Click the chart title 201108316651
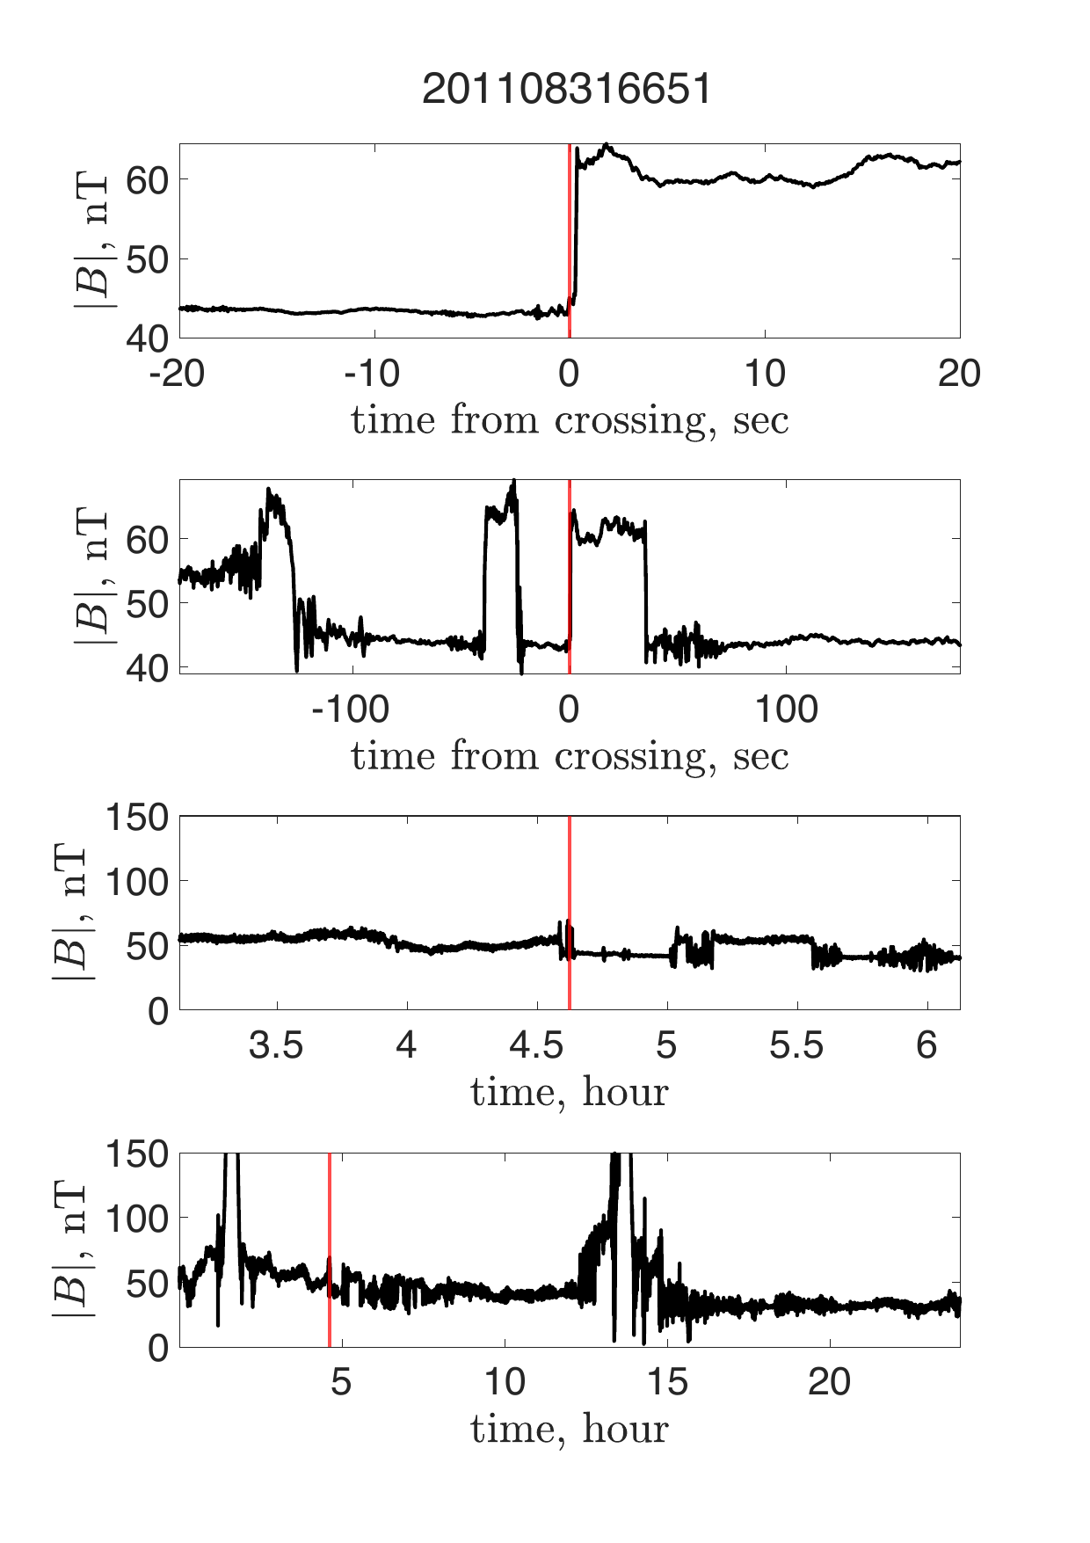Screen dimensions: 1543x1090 (567, 90)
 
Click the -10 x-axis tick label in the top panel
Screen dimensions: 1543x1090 (374, 375)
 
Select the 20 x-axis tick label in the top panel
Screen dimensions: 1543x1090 (959, 375)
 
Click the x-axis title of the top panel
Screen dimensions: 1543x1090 (570, 420)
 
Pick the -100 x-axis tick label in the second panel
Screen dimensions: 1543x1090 (351, 710)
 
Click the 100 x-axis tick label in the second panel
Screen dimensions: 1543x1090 (787, 710)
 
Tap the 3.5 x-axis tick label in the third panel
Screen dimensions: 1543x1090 (276, 1046)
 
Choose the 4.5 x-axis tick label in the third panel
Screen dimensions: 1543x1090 (536, 1046)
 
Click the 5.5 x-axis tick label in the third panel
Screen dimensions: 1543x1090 (796, 1046)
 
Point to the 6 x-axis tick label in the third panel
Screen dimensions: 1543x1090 (926, 1046)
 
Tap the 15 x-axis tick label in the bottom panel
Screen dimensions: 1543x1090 (667, 1382)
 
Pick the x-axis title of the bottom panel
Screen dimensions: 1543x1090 (570, 1429)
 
